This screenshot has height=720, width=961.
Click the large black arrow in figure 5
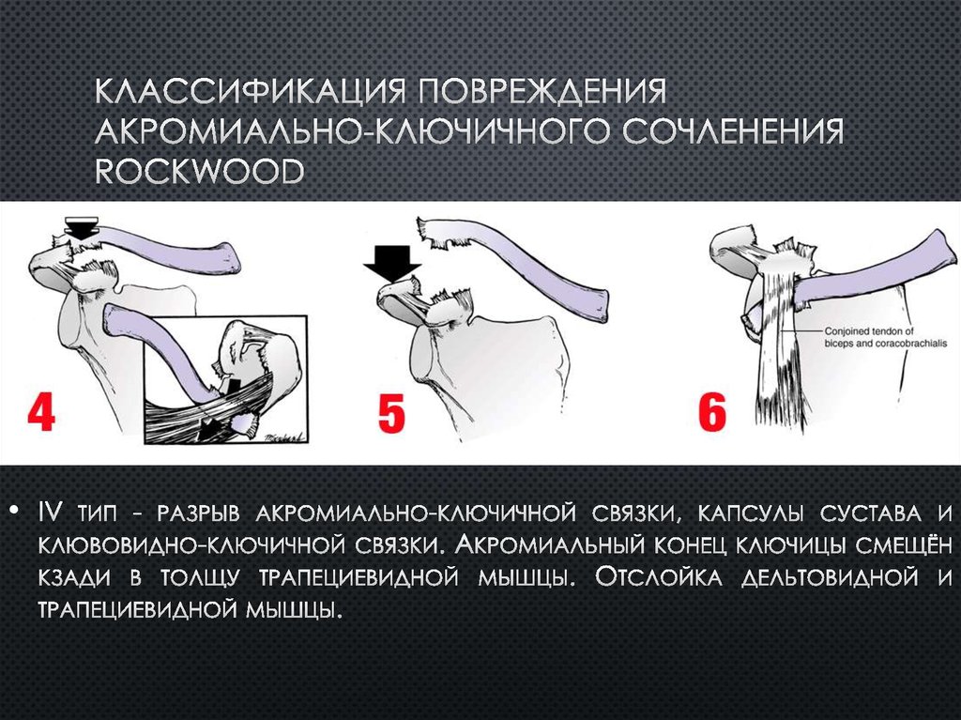(x=391, y=260)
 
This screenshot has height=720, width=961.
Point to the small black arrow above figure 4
(x=82, y=226)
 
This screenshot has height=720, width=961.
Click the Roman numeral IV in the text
(x=51, y=513)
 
